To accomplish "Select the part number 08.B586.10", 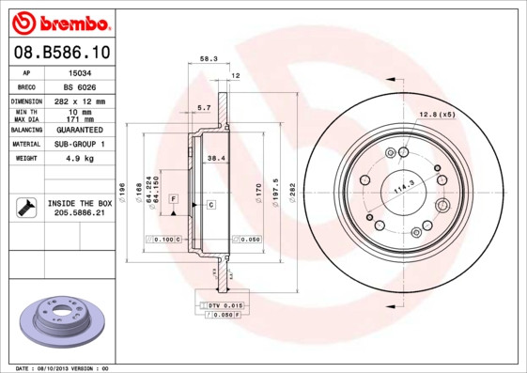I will coord(62,51).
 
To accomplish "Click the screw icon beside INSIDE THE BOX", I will coord(24,208).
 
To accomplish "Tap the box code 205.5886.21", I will coord(79,214).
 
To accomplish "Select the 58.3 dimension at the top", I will coord(209,58).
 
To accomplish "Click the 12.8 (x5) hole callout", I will coord(436,115).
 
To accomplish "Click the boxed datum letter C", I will coord(210,204).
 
